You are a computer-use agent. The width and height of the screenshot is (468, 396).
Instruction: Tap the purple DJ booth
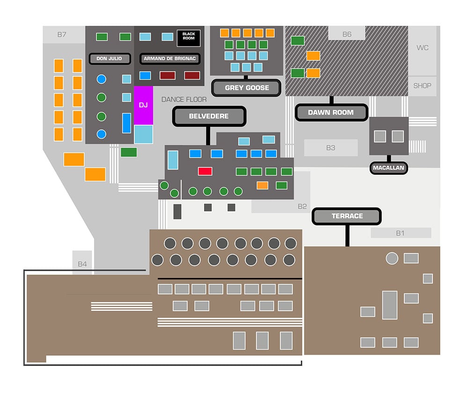click(143, 105)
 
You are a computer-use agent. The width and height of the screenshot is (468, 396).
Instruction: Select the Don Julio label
click(109, 59)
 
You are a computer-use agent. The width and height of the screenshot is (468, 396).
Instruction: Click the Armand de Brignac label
click(169, 59)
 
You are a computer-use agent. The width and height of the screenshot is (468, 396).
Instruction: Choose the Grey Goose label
click(247, 88)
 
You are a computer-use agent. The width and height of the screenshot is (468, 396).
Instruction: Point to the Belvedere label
click(209, 116)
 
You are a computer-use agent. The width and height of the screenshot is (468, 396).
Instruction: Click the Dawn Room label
click(331, 112)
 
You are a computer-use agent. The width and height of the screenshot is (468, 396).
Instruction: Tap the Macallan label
click(388, 168)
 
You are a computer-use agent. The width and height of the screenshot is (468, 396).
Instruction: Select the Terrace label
click(347, 216)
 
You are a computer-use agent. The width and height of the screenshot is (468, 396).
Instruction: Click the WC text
click(422, 48)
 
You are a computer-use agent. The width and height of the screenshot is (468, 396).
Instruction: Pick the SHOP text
click(422, 86)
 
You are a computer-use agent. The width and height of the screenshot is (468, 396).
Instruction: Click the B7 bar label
click(62, 34)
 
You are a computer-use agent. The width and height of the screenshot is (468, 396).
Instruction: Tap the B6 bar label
click(347, 34)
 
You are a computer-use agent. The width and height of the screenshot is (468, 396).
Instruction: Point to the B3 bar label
click(331, 148)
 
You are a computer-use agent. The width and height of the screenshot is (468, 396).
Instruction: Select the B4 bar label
click(82, 264)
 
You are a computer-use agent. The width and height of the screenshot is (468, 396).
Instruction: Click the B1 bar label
click(400, 233)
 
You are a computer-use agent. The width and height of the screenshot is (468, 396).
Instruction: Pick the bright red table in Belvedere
click(205, 171)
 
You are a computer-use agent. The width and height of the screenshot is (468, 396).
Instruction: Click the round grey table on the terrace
click(392, 258)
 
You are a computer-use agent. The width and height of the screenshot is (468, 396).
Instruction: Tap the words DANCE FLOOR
click(184, 99)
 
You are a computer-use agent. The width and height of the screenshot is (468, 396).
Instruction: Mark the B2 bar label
click(302, 206)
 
